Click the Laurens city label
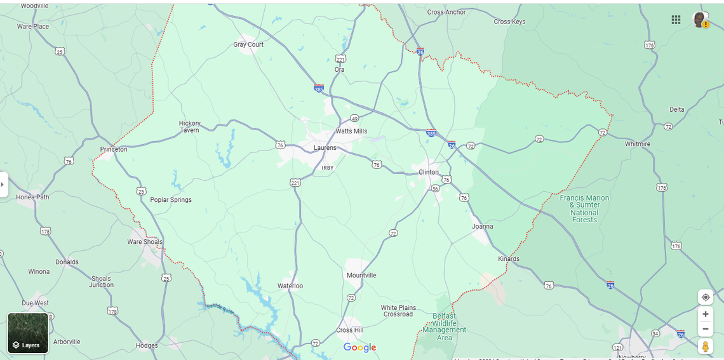(x=325, y=148)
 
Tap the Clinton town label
(x=429, y=172)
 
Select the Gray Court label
(x=248, y=44)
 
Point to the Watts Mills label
(x=351, y=131)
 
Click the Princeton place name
(x=114, y=149)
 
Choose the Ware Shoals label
(x=145, y=242)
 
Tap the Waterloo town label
(x=290, y=286)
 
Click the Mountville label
(x=361, y=276)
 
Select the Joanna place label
(x=483, y=226)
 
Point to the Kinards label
(x=509, y=259)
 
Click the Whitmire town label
(x=638, y=144)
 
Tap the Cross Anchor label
(x=446, y=12)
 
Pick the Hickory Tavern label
(x=189, y=127)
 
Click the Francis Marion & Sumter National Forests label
(x=584, y=208)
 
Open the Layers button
(x=28, y=333)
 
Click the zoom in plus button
(x=705, y=314)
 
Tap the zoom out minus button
(x=705, y=329)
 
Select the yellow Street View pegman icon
(x=705, y=347)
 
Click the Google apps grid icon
(x=676, y=20)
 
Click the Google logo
(x=360, y=347)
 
